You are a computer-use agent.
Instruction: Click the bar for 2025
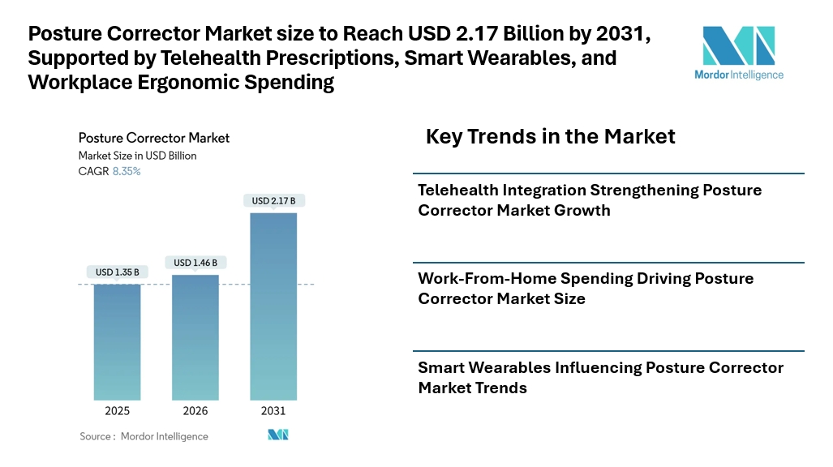(118, 342)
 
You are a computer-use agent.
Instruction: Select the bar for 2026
(195, 337)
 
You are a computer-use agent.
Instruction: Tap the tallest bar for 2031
(273, 306)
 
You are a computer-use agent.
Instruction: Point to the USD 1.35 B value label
(118, 272)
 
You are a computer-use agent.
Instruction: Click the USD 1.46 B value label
(195, 263)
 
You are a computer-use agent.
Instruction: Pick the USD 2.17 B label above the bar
(273, 201)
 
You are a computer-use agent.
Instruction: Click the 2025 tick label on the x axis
(118, 411)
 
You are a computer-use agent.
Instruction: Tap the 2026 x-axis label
(195, 411)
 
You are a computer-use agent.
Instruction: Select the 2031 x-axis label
(273, 411)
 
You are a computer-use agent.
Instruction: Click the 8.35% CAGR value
(127, 171)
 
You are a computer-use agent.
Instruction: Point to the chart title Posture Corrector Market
(154, 138)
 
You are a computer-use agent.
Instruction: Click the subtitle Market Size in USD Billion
(138, 156)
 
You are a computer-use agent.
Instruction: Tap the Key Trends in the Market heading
(551, 136)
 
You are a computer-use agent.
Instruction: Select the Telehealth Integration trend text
(590, 199)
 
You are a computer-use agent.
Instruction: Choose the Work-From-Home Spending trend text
(586, 289)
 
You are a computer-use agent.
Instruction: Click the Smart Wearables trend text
(600, 377)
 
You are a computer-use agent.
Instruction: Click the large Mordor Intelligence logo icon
(738, 45)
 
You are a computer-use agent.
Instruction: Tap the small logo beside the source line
(278, 435)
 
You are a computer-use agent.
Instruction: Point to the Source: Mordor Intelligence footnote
(144, 436)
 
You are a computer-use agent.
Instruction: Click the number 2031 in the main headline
(620, 33)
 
